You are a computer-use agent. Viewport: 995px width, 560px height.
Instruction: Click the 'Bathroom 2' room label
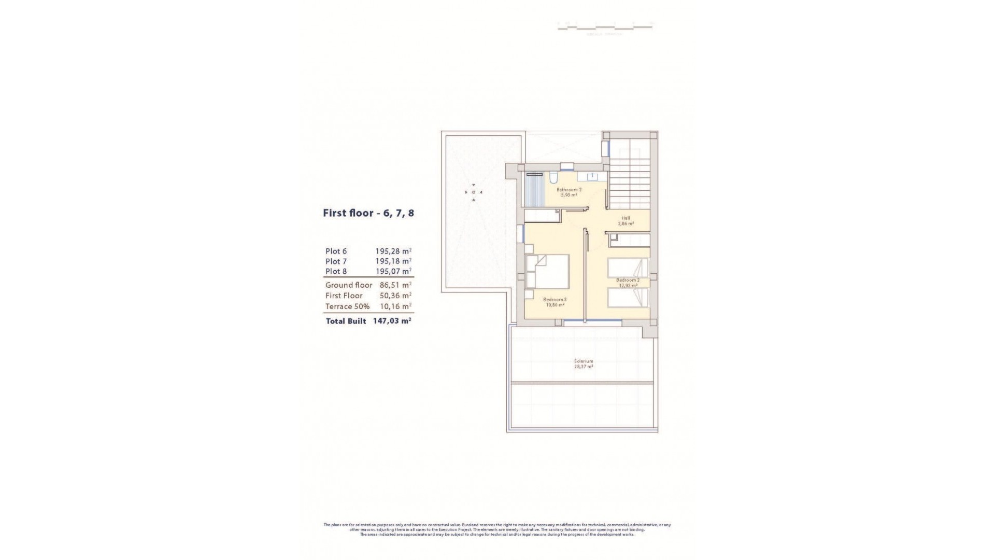(x=569, y=190)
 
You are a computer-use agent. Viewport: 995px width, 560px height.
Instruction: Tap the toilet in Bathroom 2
(x=553, y=179)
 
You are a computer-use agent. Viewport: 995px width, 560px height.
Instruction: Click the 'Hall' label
(x=626, y=218)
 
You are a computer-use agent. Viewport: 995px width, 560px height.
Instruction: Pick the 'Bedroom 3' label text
(x=555, y=299)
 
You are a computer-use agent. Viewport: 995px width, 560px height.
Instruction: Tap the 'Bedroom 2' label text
(x=627, y=280)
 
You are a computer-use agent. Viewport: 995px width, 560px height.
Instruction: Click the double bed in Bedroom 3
(x=549, y=271)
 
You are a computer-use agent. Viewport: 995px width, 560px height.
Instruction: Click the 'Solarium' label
(x=583, y=361)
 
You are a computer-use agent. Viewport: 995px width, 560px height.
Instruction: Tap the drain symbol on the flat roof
(x=473, y=192)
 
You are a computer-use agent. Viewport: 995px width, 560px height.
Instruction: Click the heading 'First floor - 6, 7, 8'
(x=368, y=213)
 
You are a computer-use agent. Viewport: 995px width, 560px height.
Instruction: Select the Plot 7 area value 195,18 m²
(x=393, y=261)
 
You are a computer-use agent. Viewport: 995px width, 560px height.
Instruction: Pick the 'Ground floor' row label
(x=349, y=285)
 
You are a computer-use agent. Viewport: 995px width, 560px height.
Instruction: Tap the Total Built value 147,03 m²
(x=392, y=321)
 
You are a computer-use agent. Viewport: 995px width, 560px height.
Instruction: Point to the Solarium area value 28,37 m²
(x=583, y=367)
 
